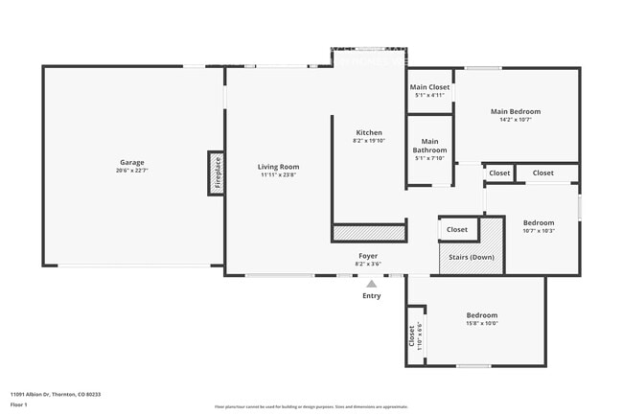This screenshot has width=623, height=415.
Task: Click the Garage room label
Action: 131,162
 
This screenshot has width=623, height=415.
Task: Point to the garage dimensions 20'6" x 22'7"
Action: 131,171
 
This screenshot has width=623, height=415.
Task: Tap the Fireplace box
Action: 217,174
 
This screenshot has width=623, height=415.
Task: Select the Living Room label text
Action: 278,167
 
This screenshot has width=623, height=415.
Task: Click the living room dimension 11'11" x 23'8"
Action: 278,175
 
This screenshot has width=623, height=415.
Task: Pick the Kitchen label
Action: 369,132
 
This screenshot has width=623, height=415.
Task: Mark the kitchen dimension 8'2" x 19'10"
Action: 369,141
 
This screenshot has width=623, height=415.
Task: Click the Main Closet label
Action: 429,87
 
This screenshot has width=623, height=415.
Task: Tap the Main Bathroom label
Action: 429,146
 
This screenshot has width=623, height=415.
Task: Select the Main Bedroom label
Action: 517,111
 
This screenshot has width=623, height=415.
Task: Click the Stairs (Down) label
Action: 471,257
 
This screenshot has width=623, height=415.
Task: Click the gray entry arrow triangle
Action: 371,283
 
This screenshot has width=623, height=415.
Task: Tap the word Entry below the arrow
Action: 371,295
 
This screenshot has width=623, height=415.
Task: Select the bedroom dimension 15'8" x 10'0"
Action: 482,323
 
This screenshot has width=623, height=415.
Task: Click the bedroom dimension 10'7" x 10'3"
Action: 539,230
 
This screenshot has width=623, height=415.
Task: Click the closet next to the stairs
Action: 457,229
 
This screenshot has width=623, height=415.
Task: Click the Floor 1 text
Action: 19,404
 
